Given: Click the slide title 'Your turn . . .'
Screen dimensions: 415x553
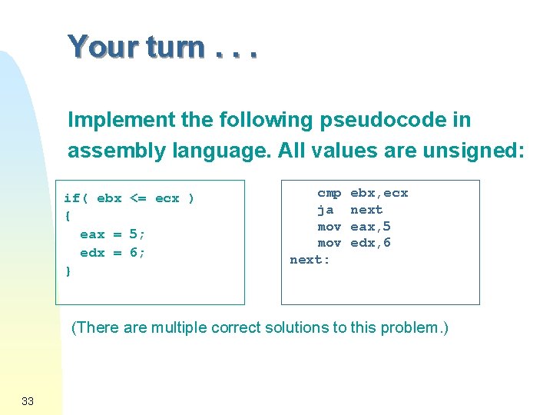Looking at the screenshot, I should click(x=162, y=48).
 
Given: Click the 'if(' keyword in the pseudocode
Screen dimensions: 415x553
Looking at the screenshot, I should click(x=76, y=198).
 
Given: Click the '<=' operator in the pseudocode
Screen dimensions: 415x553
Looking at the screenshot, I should click(x=138, y=198).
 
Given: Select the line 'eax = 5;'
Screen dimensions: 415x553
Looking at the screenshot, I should click(x=113, y=234).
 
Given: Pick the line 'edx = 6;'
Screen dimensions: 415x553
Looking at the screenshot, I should click(x=113, y=253).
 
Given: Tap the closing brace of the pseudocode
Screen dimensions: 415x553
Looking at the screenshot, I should click(x=68, y=271).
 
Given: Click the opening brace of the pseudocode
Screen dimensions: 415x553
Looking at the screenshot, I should click(x=68, y=216).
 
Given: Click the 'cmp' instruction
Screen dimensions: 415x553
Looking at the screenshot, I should click(x=329, y=193).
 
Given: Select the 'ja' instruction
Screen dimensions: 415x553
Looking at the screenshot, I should click(x=326, y=210).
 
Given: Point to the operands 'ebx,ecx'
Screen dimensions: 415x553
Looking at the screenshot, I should click(x=379, y=193).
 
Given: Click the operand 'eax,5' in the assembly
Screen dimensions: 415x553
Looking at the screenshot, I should click(x=371, y=226).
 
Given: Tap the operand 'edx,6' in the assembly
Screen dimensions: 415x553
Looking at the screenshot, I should click(x=371, y=243).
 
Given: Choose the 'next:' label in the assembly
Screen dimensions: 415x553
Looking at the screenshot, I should click(x=310, y=260).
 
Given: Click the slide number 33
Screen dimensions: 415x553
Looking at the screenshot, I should click(x=28, y=400).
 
